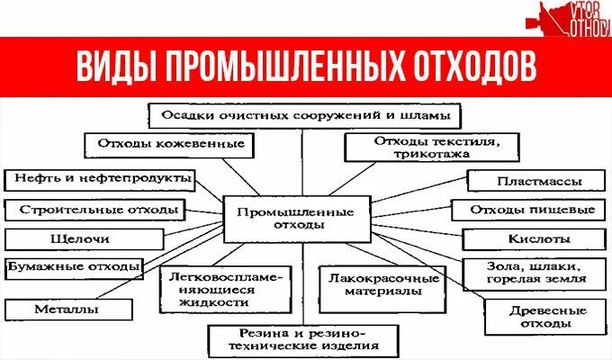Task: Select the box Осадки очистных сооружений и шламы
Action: pyautogui.click(x=305, y=115)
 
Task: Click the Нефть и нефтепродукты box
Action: pyautogui.click(x=99, y=178)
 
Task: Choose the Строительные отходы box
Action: pyautogui.click(x=94, y=211)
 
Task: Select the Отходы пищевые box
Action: pyautogui.click(x=532, y=211)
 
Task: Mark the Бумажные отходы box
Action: pyautogui.click(x=74, y=267)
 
